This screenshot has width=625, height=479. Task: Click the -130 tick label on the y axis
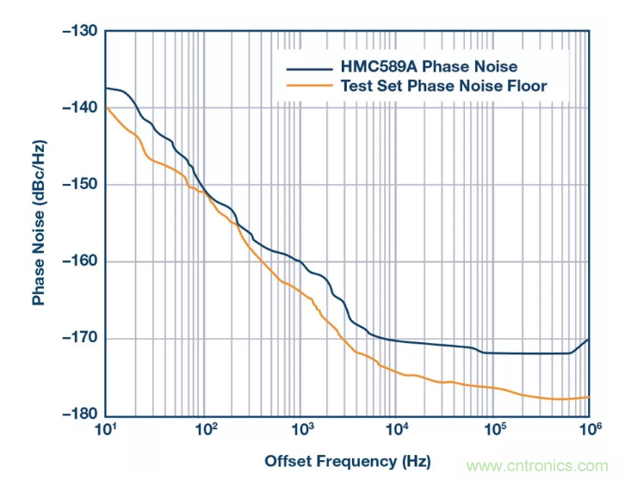[79, 31]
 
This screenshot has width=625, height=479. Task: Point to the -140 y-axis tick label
[79, 107]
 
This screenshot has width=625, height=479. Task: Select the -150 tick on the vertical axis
[79, 184]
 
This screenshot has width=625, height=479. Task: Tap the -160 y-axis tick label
[79, 261]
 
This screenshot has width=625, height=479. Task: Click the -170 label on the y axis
[79, 338]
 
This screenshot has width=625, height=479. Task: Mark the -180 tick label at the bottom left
[79, 415]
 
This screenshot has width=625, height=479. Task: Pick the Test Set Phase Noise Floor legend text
[443, 85]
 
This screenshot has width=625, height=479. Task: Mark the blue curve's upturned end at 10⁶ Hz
[587, 341]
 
